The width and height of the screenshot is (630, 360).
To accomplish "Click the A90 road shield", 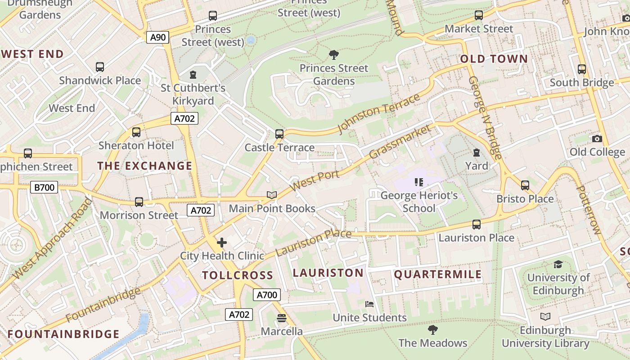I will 157,37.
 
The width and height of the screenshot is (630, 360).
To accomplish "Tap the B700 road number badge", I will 44,187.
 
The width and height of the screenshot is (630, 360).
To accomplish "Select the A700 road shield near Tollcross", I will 266,295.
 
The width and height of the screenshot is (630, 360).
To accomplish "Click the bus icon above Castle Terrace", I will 279,134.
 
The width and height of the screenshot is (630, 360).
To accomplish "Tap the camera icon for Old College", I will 597,139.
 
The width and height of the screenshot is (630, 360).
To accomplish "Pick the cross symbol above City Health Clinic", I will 221,243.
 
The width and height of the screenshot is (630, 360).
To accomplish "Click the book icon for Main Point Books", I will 271,195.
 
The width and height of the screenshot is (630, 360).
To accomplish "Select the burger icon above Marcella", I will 282,318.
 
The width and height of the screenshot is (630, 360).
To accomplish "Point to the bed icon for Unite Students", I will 369,304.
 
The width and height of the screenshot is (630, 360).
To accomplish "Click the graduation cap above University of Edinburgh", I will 558,264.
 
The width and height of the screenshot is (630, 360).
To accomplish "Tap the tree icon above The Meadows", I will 432,330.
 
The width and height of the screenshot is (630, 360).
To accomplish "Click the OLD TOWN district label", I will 494,59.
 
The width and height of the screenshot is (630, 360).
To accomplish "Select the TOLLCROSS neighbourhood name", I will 237,275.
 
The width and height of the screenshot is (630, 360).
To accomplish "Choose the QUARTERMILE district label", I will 438,274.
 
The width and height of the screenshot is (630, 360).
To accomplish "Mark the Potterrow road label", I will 588,210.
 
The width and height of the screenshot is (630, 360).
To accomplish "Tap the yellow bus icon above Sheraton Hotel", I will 136,132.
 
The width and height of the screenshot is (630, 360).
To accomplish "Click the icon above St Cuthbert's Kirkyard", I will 193,74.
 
